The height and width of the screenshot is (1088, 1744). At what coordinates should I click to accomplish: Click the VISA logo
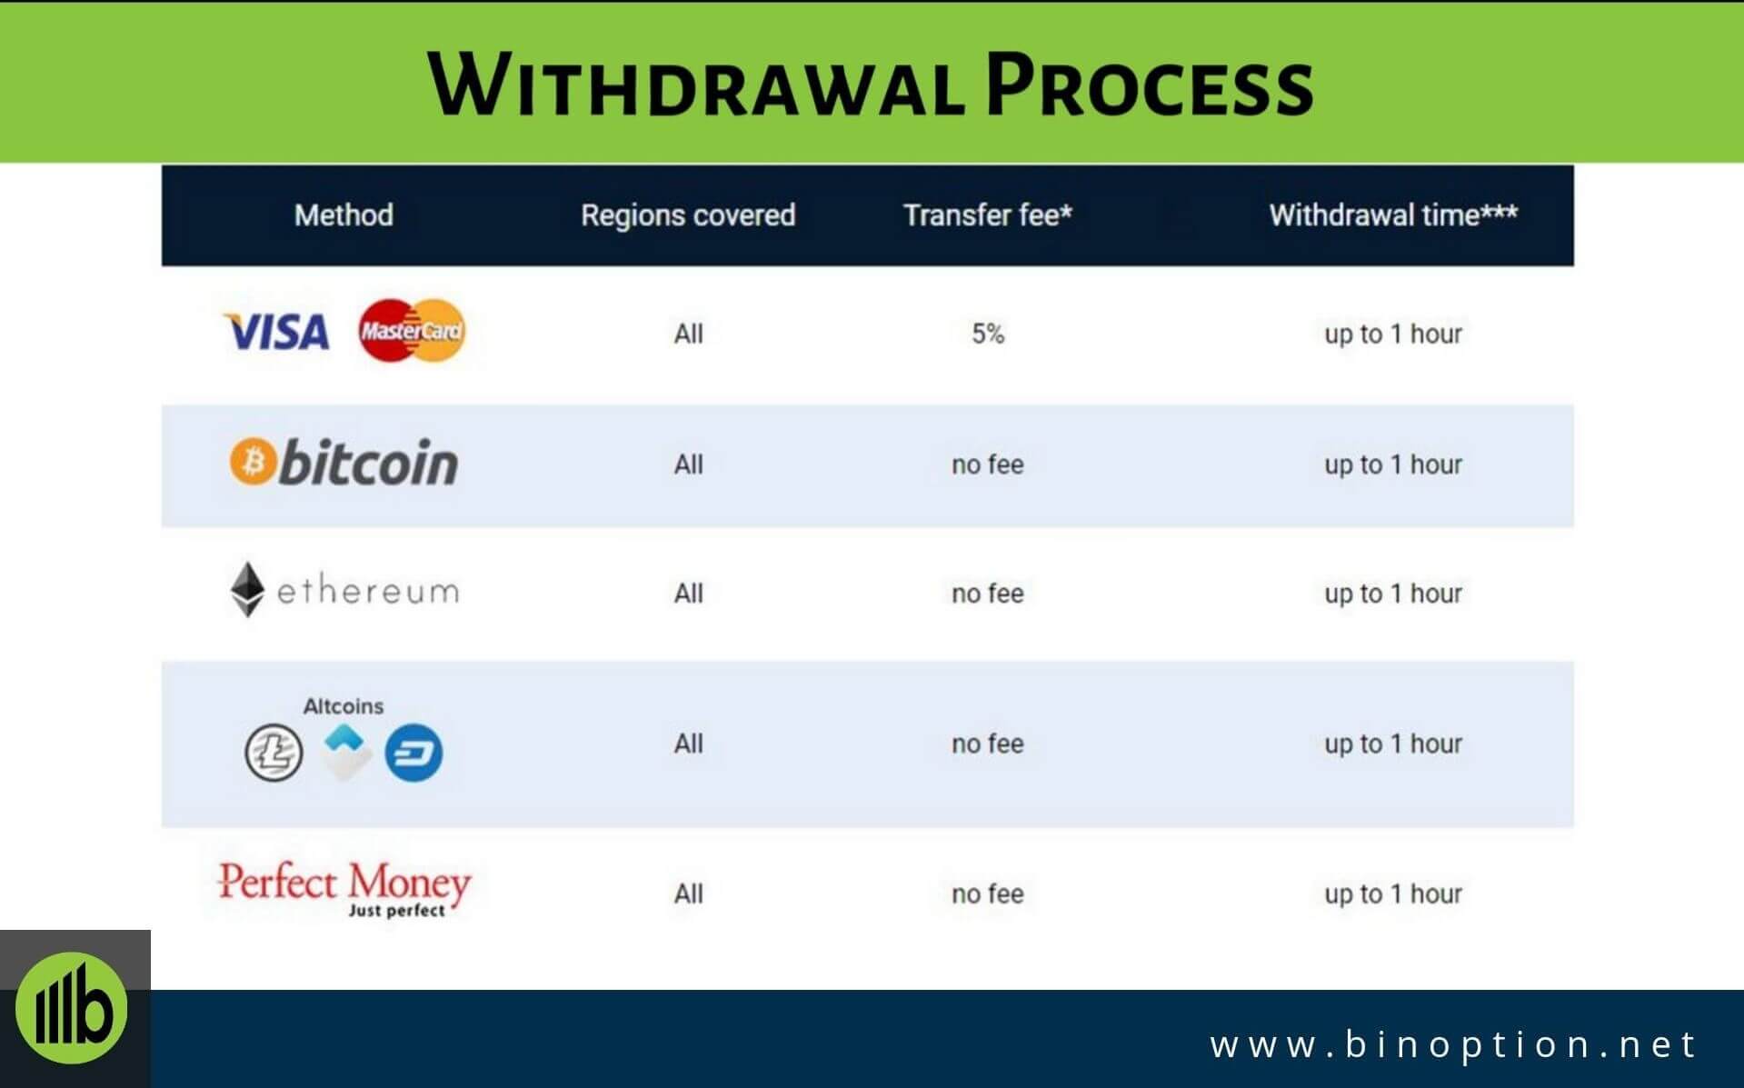(276, 332)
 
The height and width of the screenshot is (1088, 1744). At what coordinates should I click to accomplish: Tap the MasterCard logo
(412, 331)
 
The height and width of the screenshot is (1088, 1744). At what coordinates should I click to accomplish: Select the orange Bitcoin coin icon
(251, 462)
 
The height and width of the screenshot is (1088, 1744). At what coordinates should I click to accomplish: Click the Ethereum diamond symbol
(246, 590)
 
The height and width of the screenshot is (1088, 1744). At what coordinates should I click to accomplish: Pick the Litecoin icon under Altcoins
(274, 753)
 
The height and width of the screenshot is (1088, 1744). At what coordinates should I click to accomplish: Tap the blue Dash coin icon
(414, 753)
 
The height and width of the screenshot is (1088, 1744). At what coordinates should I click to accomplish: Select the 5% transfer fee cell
(988, 334)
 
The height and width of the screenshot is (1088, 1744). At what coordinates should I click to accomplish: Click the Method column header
(344, 215)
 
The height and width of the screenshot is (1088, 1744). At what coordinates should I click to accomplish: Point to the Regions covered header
(688, 215)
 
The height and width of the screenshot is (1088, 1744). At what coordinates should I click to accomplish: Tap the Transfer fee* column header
(988, 215)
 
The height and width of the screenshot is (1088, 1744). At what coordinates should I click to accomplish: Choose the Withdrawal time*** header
(1392, 215)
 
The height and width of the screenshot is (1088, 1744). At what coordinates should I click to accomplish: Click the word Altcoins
(344, 706)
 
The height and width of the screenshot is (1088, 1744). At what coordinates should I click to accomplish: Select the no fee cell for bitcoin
(988, 464)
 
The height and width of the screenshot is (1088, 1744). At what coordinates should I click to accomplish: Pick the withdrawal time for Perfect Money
(1392, 893)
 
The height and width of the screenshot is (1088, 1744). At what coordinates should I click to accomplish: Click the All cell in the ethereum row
(688, 594)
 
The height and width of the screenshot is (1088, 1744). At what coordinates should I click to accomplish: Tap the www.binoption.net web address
(1453, 1044)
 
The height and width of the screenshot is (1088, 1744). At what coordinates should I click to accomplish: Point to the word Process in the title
(1150, 86)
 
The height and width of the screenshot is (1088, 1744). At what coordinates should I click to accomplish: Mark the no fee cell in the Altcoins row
(988, 744)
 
